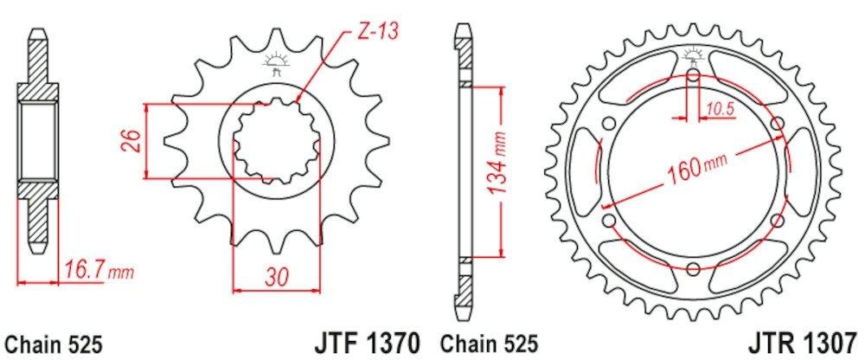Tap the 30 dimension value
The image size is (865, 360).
point(275,278)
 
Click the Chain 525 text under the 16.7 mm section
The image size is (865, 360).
point(54,342)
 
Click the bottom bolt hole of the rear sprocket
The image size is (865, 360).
point(694,267)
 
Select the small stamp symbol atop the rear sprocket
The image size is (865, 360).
point(694,56)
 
